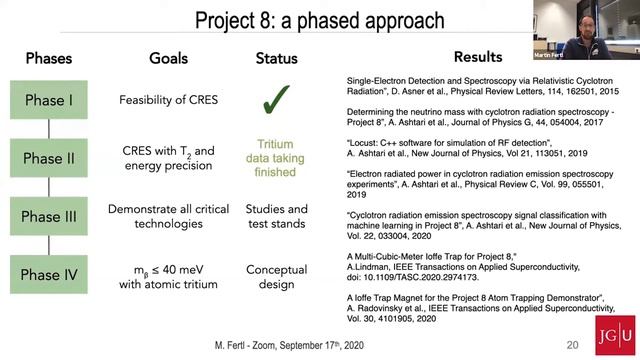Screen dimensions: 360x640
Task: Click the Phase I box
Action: [x=49, y=100]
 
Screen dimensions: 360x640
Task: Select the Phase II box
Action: [x=49, y=158]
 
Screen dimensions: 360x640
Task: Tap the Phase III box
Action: [x=49, y=216]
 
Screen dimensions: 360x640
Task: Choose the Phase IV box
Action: [x=49, y=276]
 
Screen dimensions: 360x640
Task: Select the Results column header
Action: [x=478, y=57]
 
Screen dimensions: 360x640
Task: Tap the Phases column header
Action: [x=49, y=58]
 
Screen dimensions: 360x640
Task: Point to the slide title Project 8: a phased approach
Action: [x=320, y=20]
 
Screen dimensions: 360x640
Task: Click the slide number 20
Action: [x=572, y=344]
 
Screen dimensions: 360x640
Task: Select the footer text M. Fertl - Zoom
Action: [x=261, y=344]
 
